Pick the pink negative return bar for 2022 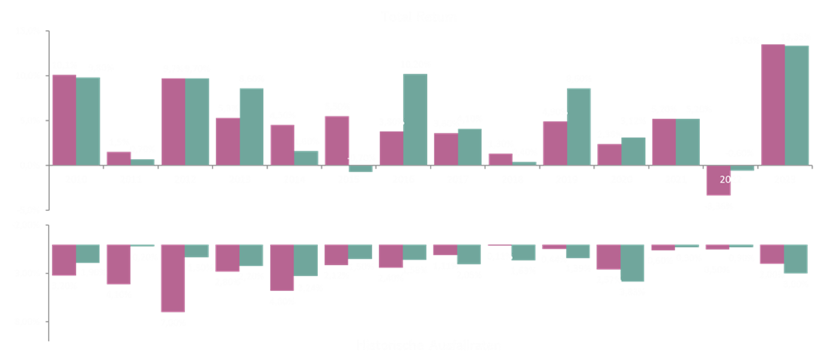[x=718, y=180]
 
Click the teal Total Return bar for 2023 [x=797, y=105]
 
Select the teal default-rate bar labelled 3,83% [x=633, y=263]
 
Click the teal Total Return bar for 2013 [x=252, y=126]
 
